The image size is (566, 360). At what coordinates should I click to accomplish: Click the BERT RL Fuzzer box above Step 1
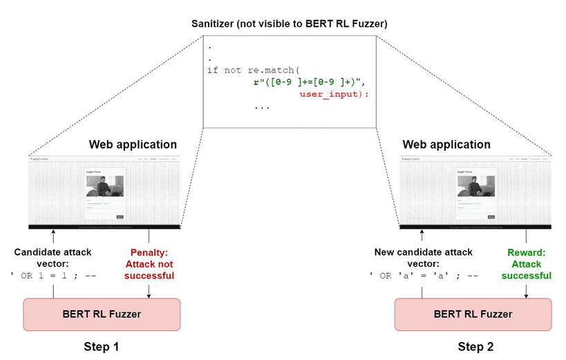click(102, 314)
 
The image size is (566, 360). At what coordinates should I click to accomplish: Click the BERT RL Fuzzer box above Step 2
click(473, 314)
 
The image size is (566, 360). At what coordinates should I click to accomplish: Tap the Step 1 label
click(102, 345)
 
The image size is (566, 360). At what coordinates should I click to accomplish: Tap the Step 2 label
click(475, 345)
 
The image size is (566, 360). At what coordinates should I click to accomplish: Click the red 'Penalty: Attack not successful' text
click(149, 263)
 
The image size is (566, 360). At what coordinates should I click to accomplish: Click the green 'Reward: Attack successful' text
click(527, 263)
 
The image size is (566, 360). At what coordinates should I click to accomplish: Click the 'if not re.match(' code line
click(254, 70)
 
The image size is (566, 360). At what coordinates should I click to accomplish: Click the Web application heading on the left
click(133, 144)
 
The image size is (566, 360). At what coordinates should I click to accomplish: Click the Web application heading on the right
click(446, 144)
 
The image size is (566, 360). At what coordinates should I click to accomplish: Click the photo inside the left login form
click(104, 186)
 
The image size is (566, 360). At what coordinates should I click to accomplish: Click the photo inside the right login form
click(475, 186)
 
